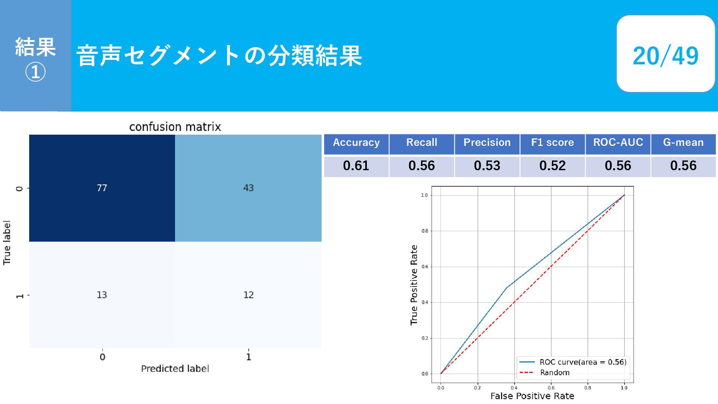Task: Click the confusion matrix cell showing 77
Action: (x=102, y=188)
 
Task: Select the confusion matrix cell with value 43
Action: (x=248, y=188)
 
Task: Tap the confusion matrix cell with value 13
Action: (x=102, y=295)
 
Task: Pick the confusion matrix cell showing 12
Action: (x=248, y=295)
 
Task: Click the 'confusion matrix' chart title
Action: (x=175, y=127)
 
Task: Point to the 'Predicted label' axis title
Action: (x=175, y=368)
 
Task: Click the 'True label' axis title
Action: (x=7, y=242)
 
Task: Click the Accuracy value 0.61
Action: (x=356, y=166)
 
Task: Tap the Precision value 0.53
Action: (x=487, y=166)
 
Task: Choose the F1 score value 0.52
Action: (x=552, y=166)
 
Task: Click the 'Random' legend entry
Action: (x=544, y=373)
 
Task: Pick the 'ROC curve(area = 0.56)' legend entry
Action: (x=573, y=362)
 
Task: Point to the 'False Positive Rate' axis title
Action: (x=532, y=396)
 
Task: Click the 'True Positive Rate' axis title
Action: (x=414, y=285)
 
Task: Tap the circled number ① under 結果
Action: (x=35, y=72)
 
